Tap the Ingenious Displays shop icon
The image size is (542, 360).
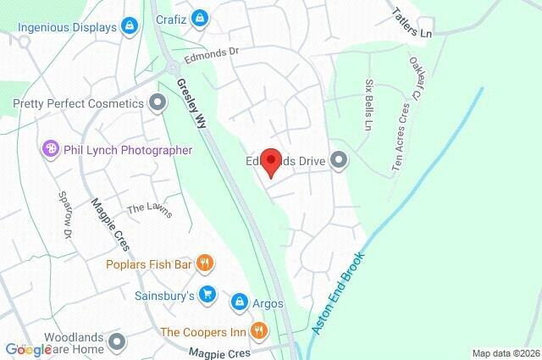pyautogui.click(x=130, y=27)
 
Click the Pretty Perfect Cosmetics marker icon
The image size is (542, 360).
pyautogui.click(x=157, y=103)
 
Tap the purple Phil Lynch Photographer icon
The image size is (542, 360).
pyautogui.click(x=50, y=150)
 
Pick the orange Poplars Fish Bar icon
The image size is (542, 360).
pyautogui.click(x=204, y=264)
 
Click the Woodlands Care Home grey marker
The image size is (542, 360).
pyautogui.click(x=117, y=342)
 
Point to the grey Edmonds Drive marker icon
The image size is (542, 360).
pyautogui.click(x=339, y=160)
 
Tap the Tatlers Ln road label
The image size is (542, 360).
pyautogui.click(x=412, y=23)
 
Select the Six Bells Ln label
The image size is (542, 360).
pyautogui.click(x=369, y=105)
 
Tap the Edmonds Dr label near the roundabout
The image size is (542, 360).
pyautogui.click(x=213, y=53)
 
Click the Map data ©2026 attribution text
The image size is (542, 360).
pyautogui.click(x=505, y=353)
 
